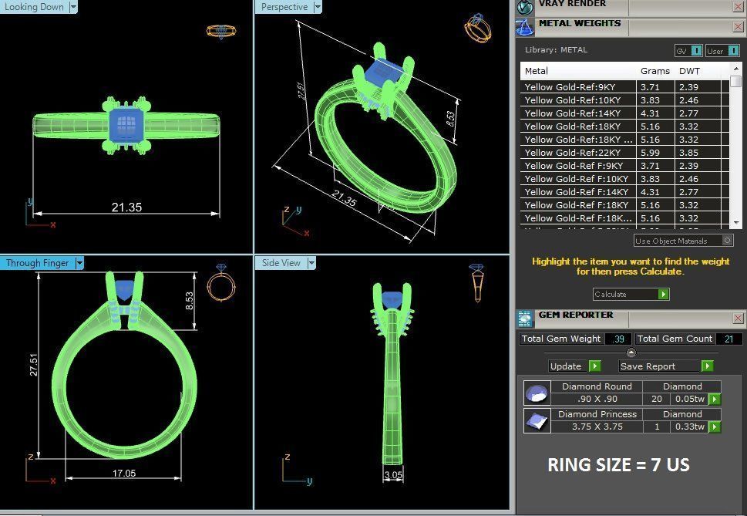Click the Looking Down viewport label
click(34, 7)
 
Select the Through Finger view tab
click(37, 263)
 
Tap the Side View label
click(281, 263)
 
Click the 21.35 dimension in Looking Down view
click(126, 207)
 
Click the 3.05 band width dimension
click(393, 475)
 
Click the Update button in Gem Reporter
click(566, 366)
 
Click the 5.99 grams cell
click(650, 153)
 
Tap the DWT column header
click(689, 71)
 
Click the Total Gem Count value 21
click(728, 339)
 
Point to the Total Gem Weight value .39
click(617, 339)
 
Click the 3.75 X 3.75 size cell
click(597, 427)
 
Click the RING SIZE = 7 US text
click(618, 464)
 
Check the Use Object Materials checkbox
click(727, 241)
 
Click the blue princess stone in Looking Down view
click(126, 122)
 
